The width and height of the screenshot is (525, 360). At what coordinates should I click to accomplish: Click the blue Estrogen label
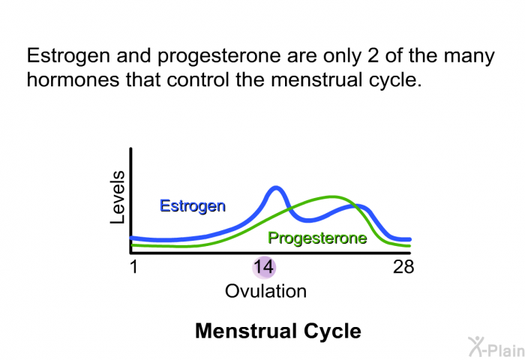(193, 206)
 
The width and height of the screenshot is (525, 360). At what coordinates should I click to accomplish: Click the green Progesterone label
(317, 238)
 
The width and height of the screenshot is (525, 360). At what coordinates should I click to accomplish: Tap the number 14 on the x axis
(263, 267)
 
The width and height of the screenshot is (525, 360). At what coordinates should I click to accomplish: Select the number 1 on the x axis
(134, 267)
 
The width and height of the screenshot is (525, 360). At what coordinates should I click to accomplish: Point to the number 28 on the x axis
(403, 267)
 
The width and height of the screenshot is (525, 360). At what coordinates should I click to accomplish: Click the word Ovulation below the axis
(265, 291)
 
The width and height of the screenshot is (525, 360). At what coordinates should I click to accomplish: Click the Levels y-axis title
(118, 197)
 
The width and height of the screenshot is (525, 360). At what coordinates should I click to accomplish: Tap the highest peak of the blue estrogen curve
(276, 189)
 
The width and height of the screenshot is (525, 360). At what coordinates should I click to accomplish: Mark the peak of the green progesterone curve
(331, 196)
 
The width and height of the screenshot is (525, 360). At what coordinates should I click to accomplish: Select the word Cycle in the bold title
(332, 331)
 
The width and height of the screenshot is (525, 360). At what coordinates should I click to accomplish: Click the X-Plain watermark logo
(496, 346)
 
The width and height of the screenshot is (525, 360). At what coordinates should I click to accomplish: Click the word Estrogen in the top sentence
(68, 56)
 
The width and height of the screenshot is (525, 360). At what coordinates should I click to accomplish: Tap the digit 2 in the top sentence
(373, 55)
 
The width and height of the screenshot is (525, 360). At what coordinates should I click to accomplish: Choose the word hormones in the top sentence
(73, 80)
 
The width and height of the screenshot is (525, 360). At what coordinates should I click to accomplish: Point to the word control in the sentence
(197, 80)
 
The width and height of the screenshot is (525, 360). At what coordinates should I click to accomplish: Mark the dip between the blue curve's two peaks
(308, 220)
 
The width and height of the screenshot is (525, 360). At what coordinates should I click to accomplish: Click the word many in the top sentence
(469, 56)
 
